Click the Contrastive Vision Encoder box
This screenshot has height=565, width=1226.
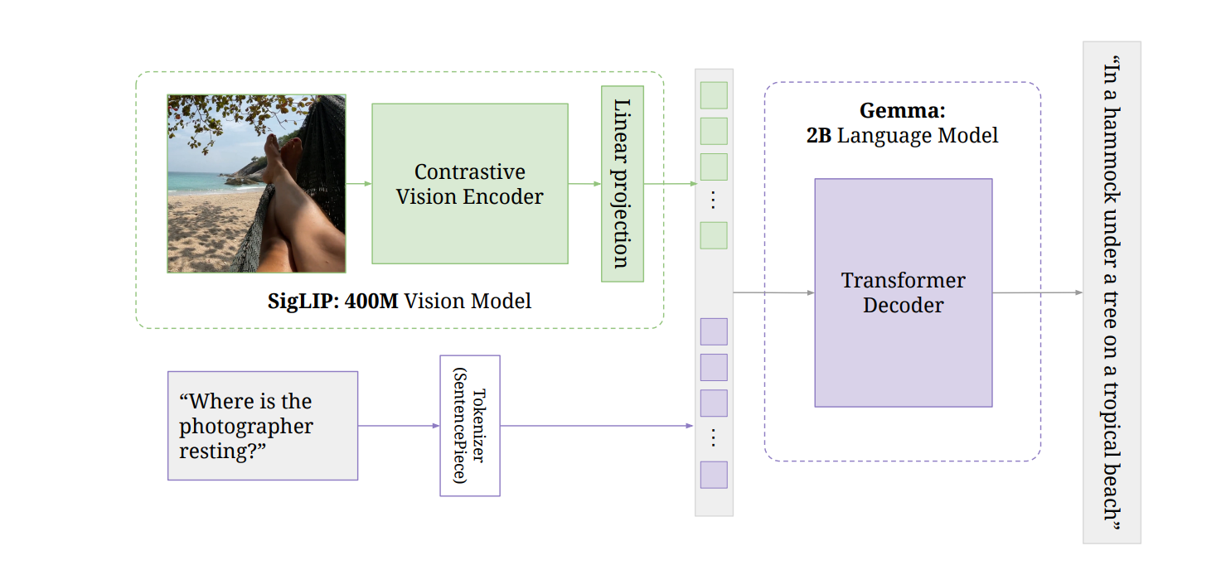point(469,184)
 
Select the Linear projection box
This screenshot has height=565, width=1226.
point(622,183)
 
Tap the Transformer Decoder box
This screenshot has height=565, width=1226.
point(903,292)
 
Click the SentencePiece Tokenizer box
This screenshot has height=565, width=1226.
point(469,426)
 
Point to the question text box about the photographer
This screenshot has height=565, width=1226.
point(262,426)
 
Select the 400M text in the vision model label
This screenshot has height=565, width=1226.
point(371,301)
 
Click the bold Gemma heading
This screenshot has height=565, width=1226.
point(902,110)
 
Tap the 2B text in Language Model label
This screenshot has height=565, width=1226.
point(818,135)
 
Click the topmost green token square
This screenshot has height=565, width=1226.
point(714,95)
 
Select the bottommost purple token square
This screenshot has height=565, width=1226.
point(714,475)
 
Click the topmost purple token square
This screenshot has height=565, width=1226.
point(714,331)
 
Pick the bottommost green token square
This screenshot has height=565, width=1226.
point(714,235)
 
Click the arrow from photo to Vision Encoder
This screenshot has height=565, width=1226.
point(358,184)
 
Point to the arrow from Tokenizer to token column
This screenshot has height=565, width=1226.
point(597,426)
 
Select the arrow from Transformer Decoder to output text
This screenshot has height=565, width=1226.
point(1036,292)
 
